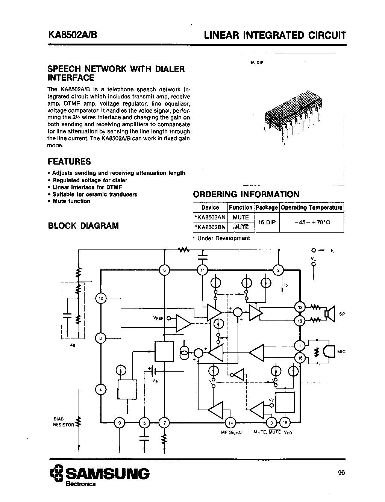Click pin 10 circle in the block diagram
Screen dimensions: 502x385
pyautogui.click(x=101, y=298)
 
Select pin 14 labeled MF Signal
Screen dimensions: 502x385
pyautogui.click(x=231, y=423)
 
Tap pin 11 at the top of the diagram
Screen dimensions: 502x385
pyautogui.click(x=203, y=270)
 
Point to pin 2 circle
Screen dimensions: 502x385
pyautogui.click(x=278, y=270)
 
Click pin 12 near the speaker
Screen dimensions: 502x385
pyautogui.click(x=300, y=307)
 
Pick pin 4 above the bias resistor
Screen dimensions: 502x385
pyautogui.click(x=101, y=390)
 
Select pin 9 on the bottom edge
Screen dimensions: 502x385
pyautogui.click(x=120, y=423)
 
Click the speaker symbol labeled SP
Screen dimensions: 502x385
pyautogui.click(x=330, y=314)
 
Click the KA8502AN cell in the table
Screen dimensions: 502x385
pyautogui.click(x=210, y=217)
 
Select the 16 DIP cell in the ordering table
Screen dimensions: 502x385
pyautogui.click(x=267, y=222)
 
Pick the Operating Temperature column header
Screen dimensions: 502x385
pyautogui.click(x=312, y=207)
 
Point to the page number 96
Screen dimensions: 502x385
pyautogui.click(x=341, y=473)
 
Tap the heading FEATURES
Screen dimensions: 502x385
pyautogui.click(x=69, y=162)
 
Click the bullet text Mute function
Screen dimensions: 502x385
pyautogui.click(x=71, y=201)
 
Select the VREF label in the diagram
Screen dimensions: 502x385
pyautogui.click(x=158, y=318)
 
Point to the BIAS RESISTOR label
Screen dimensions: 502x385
pyautogui.click(x=64, y=422)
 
